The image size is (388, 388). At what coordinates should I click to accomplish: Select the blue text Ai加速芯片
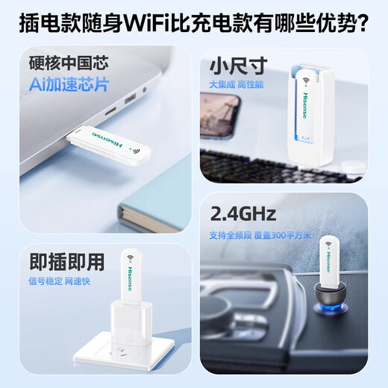pyautogui.click(x=69, y=84)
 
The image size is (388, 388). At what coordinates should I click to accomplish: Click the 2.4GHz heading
pyautogui.click(x=243, y=216)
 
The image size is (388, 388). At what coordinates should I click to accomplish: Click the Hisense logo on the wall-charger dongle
pyautogui.click(x=137, y=269)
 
